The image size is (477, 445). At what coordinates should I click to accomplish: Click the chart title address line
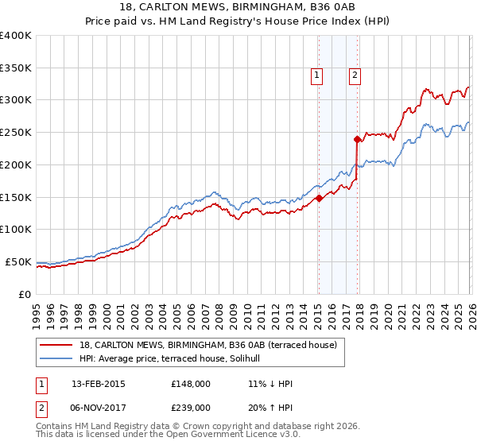(238, 9)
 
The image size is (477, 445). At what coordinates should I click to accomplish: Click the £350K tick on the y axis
(16, 68)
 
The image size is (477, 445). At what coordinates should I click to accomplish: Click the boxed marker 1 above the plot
(317, 75)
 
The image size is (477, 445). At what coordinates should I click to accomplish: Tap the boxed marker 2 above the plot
(355, 75)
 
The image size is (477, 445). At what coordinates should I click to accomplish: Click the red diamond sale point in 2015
(318, 199)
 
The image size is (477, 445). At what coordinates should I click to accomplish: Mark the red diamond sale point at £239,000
(357, 139)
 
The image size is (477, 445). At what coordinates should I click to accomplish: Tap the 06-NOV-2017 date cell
(99, 406)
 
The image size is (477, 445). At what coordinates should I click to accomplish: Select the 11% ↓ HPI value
(270, 384)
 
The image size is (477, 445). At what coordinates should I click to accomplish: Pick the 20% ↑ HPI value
(270, 406)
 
